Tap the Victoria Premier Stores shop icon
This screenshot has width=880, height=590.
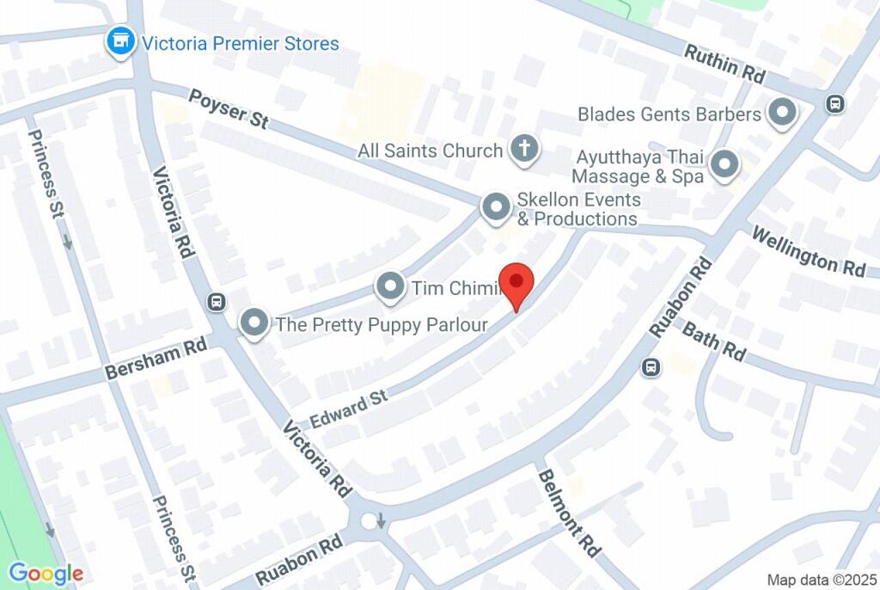[120, 41]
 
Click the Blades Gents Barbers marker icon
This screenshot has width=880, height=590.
[782, 113]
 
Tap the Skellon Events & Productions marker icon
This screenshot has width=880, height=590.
[495, 207]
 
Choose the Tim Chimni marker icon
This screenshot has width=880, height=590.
[391, 287]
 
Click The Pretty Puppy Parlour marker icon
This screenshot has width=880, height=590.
[254, 323]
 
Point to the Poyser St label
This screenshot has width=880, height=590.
[229, 109]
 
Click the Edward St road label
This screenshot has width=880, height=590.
[350, 407]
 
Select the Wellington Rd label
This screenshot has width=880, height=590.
[809, 251]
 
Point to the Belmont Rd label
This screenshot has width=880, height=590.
[567, 511]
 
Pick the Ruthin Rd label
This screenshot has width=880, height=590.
[724, 65]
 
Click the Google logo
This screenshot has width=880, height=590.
[46, 574]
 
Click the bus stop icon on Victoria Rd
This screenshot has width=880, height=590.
[217, 302]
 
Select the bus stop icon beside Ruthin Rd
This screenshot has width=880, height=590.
[833, 104]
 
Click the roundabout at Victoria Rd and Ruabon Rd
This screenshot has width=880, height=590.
[372, 520]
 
